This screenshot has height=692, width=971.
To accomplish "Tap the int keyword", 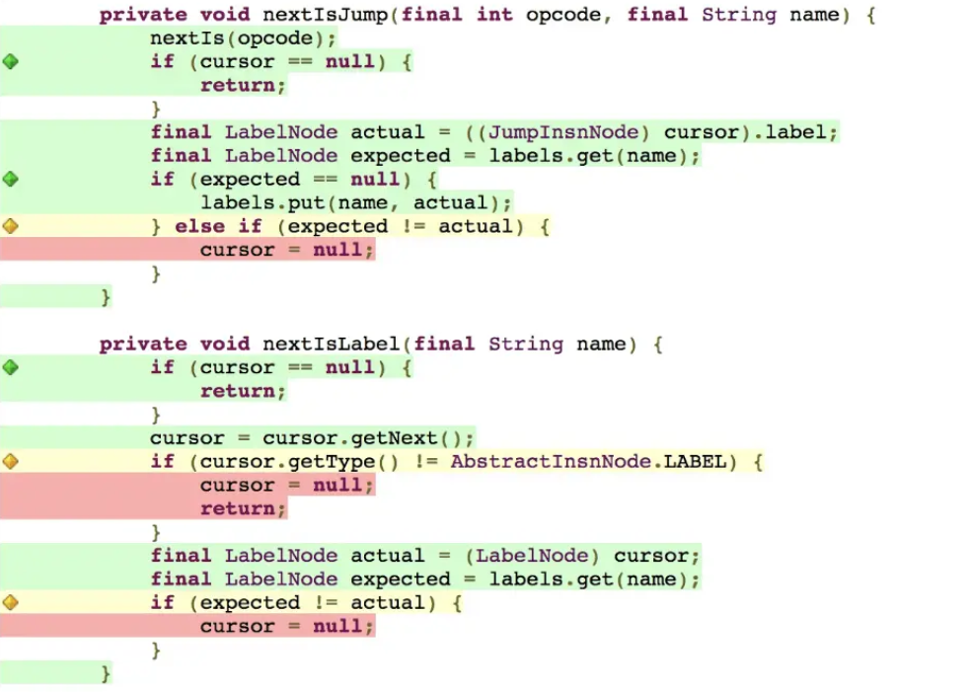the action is coord(494,16).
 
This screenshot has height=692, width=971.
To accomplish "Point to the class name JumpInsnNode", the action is coord(563,132).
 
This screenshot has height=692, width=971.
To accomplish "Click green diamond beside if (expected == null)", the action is coord(11,180).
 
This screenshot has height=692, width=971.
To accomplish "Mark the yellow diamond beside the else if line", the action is coord(11,226).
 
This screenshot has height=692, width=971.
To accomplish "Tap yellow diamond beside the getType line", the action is coord(11,461).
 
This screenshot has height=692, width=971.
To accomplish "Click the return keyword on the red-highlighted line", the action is coord(243,509).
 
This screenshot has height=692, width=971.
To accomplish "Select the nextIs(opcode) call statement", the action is coord(243,39).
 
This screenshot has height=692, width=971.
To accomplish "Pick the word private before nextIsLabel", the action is coord(142,345).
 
